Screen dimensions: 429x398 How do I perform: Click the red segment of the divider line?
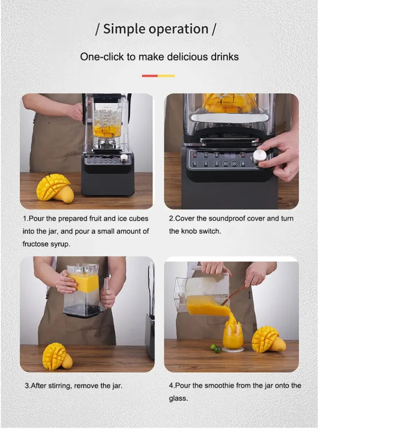tap(150, 76)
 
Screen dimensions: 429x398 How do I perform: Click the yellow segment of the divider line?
tap(166, 76)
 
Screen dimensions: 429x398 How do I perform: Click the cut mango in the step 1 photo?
tap(54, 188)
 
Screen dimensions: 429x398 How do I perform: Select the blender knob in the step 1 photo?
tap(124, 158)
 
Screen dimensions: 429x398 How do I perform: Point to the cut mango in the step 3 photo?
tap(56, 356)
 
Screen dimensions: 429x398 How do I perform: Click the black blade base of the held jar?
tap(82, 313)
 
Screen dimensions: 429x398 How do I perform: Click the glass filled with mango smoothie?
tap(233, 336)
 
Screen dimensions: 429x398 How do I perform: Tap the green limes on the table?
tap(216, 349)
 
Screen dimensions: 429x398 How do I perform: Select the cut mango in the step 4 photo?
tap(267, 339)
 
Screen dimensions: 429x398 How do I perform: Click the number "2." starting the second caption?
tap(172, 219)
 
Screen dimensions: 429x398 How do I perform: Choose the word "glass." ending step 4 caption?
tap(178, 398)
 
